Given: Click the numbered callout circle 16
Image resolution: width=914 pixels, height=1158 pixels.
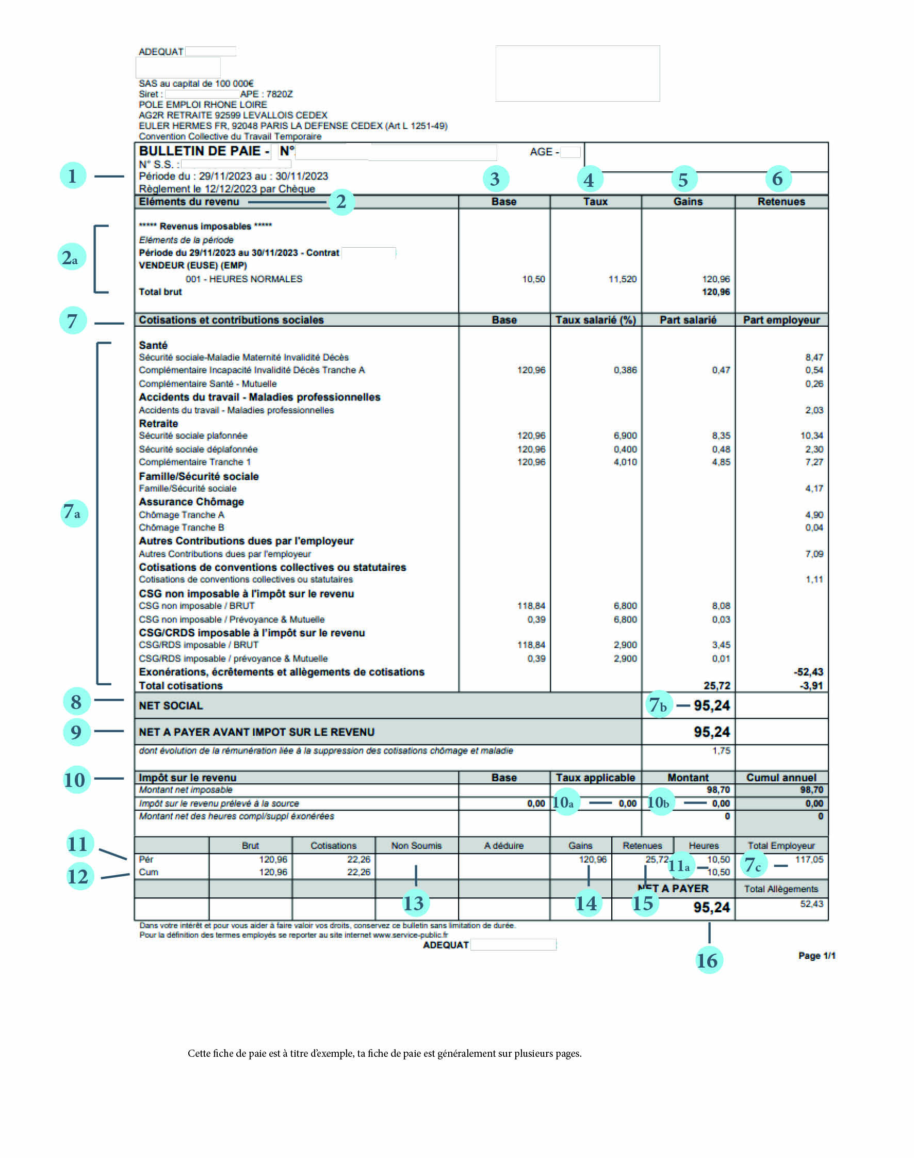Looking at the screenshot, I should [709, 960].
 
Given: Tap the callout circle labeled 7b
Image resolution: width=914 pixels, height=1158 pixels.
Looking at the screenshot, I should [658, 704].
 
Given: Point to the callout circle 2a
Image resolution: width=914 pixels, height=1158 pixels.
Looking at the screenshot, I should [71, 258].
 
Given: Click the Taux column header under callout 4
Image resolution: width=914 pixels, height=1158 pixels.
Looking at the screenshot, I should [595, 202].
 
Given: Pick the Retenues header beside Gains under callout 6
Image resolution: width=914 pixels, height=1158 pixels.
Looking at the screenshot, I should [781, 202].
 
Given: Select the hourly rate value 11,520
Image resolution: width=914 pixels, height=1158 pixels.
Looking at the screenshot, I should [623, 279].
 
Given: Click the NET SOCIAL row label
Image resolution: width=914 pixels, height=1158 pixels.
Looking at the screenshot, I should [171, 705].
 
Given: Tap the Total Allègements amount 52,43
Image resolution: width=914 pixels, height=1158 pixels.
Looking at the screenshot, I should [811, 904].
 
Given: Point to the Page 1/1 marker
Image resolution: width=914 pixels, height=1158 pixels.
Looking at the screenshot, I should [816, 956].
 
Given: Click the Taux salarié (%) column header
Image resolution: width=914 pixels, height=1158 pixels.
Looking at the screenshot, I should [595, 320].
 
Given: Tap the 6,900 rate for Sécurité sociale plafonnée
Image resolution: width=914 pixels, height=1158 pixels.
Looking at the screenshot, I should [625, 436].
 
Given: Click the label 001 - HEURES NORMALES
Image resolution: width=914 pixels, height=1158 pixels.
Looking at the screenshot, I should [243, 279].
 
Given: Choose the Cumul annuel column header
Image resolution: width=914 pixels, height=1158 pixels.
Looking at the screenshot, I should [781, 777].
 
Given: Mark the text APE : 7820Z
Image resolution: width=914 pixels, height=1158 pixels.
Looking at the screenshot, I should [267, 94].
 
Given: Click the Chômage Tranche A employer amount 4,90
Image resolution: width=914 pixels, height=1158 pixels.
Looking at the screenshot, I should [814, 514].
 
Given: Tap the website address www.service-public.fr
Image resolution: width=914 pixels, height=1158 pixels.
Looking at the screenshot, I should [411, 935].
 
